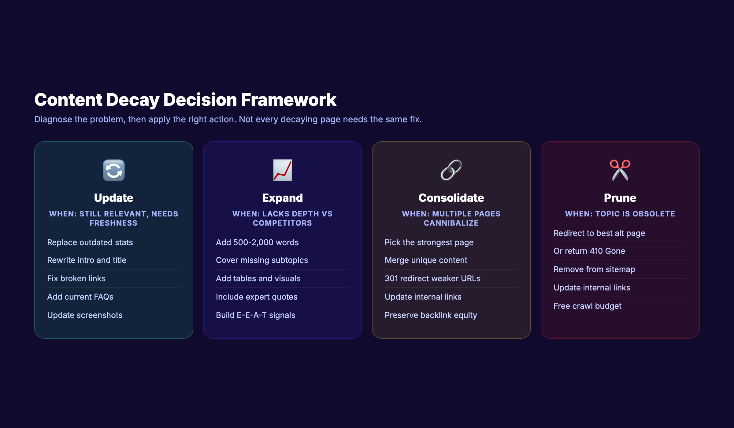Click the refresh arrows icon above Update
[114, 170]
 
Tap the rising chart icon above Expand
[282, 170]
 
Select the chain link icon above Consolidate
[451, 170]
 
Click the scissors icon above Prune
[620, 170]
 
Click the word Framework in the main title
[288, 100]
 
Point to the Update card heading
[114, 198]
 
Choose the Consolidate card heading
[451, 198]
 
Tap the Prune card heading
[620, 198]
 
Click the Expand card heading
[282, 198]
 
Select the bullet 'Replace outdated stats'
[90, 242]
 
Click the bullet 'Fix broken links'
[76, 279]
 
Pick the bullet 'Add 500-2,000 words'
[257, 242]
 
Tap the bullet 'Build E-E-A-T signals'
[255, 315]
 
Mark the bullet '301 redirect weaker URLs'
[432, 279]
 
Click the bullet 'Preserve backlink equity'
[431, 315]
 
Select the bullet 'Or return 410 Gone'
[589, 251]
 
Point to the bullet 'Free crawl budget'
[587, 306]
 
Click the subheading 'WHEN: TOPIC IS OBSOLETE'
[620, 214]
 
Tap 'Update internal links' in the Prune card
[592, 288]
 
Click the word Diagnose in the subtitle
[53, 119]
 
